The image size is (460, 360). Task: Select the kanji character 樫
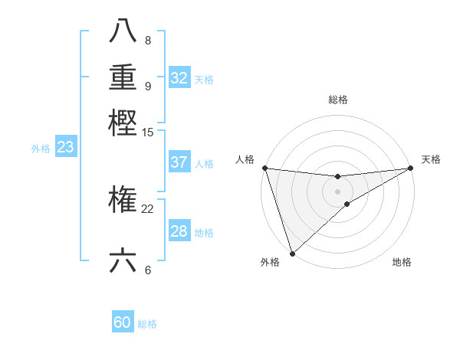click(123, 123)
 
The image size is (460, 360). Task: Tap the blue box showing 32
click(179, 78)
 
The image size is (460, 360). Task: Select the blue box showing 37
click(179, 162)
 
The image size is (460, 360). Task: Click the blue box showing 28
click(179, 231)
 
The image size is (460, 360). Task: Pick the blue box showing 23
click(65, 147)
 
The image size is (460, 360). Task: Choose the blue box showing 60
click(123, 322)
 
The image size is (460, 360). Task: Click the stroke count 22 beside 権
click(148, 208)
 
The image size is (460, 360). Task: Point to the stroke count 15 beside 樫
click(148, 132)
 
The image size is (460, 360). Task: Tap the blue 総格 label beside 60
click(147, 324)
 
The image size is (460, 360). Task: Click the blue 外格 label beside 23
click(41, 149)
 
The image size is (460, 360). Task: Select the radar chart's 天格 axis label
click(431, 159)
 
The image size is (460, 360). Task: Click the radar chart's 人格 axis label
click(245, 159)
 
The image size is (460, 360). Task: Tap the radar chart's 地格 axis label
click(402, 263)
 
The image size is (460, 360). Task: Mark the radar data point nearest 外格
click(292, 253)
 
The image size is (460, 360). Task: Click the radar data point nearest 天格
click(410, 168)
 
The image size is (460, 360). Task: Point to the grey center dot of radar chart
click(337, 191)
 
